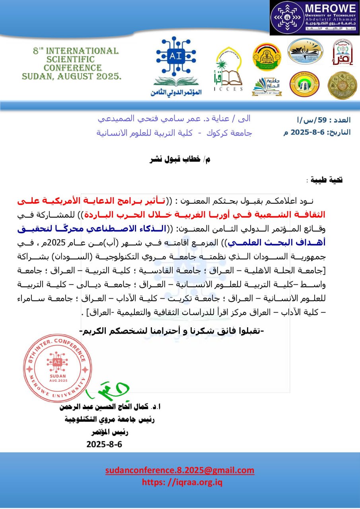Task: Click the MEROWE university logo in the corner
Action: click(x=315, y=18)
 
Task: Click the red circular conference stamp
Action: click(x=54, y=363)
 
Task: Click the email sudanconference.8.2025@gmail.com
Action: click(x=180, y=470)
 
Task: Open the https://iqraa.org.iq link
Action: click(x=182, y=482)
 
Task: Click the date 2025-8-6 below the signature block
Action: click(x=104, y=444)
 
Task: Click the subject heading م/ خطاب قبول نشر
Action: click(x=179, y=159)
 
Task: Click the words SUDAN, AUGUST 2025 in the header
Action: click(x=72, y=76)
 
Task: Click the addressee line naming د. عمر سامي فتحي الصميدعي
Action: click(x=175, y=119)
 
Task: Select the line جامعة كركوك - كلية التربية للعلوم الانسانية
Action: click(x=175, y=133)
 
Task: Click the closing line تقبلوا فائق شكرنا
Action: click(x=172, y=330)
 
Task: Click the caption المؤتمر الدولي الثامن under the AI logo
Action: click(x=176, y=92)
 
